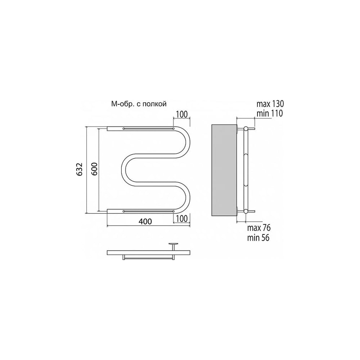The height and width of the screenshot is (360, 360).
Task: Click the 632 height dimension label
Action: (79, 170)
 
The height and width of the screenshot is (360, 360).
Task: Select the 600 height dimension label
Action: (95, 169)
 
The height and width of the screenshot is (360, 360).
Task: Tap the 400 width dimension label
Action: (145, 221)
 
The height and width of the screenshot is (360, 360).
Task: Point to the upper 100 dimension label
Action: (182, 114)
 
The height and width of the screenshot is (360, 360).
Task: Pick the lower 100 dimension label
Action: (182, 219)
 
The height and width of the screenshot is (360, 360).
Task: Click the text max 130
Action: (270, 104)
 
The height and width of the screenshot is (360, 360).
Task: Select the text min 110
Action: (270, 113)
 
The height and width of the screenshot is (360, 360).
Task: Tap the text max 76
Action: (259, 228)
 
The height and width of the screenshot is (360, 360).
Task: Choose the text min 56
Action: (258, 238)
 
